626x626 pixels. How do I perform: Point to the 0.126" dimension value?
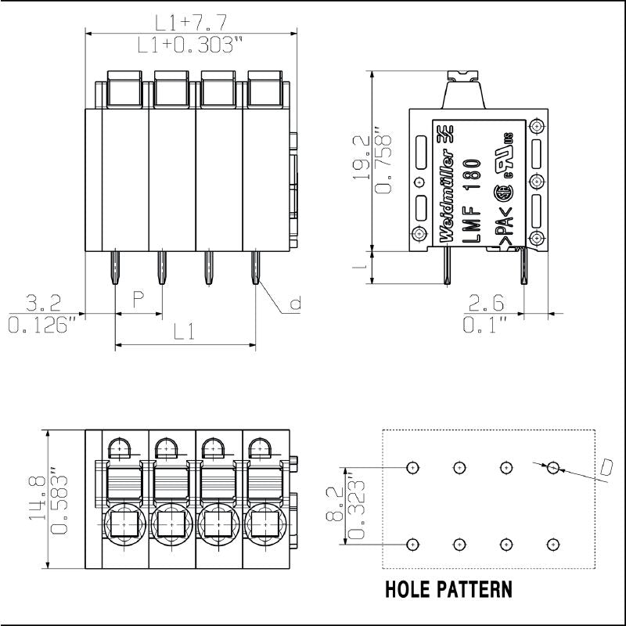[x=43, y=323]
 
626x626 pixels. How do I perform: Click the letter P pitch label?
[x=139, y=298]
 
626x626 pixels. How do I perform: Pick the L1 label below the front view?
[x=185, y=332]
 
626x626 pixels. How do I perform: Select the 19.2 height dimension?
[x=362, y=157]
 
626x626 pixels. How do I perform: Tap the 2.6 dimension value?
[x=486, y=301]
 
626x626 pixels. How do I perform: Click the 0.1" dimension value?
[x=484, y=323]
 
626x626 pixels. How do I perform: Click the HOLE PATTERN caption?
[x=449, y=589]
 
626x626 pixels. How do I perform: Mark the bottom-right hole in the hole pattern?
[x=553, y=544]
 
